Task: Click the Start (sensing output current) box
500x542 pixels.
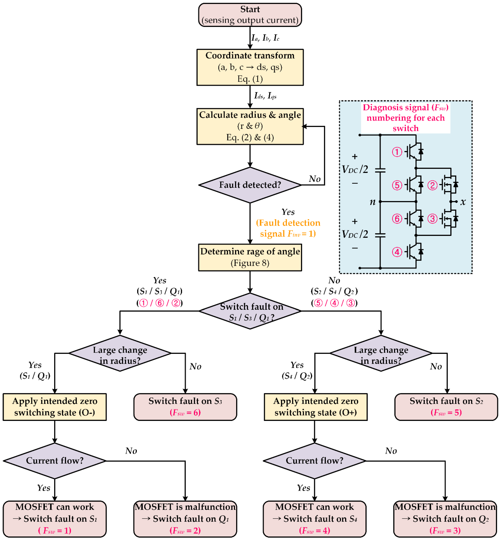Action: pos(250,15)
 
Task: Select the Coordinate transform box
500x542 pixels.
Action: pos(250,67)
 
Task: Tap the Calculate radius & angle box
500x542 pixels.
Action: pos(250,127)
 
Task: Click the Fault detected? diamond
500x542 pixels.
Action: pos(250,185)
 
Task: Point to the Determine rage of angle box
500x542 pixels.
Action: pos(250,257)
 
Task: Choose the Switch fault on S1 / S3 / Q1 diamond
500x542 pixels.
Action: pos(250,311)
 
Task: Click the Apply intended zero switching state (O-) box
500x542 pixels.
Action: pos(55,407)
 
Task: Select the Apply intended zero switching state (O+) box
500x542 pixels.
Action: pos(316,407)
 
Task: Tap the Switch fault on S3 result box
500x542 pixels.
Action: pos(185,407)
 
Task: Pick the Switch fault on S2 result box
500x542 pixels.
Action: pos(446,407)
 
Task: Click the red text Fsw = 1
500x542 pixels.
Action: pos(55,530)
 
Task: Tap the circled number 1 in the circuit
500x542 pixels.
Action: pos(397,152)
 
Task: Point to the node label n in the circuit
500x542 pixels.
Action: pos(373,202)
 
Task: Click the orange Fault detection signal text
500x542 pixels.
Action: pos(288,228)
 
